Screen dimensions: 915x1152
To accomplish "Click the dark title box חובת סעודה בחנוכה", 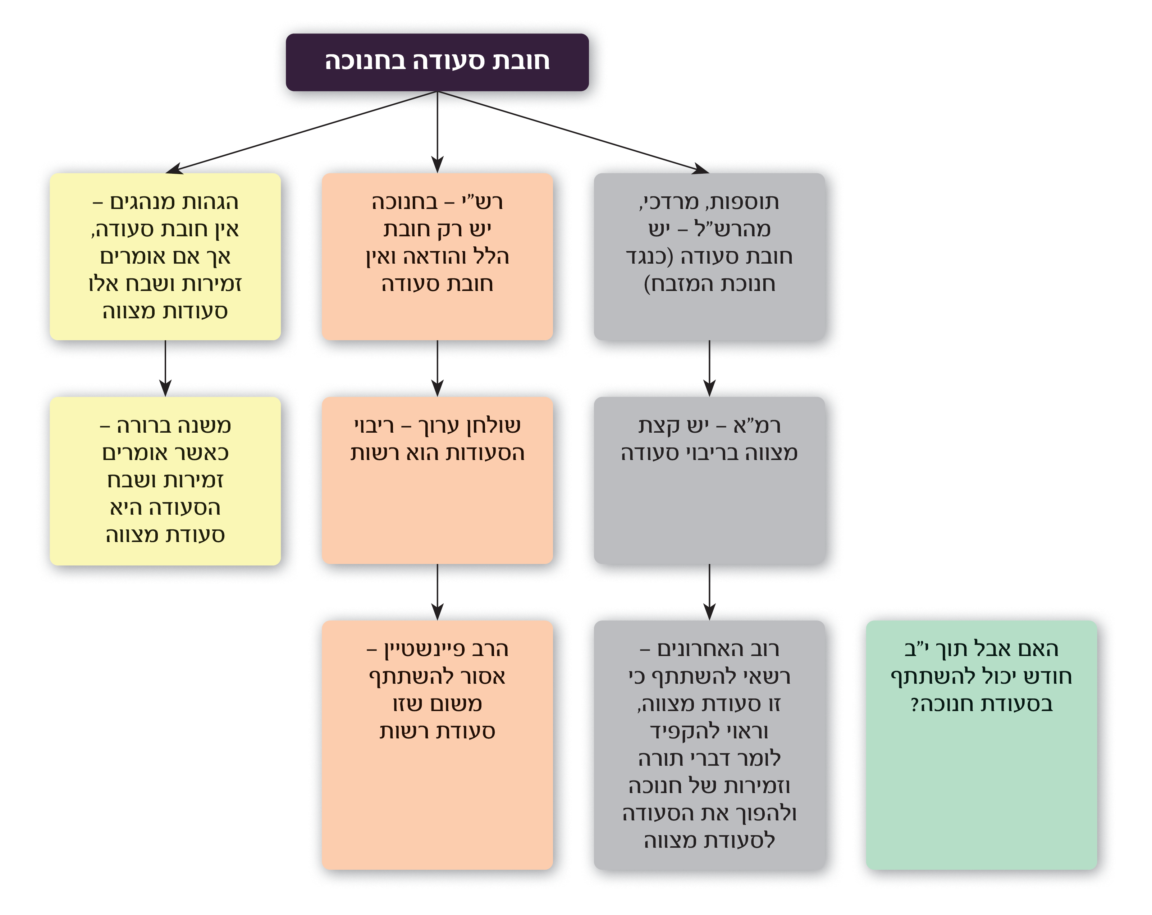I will tap(437, 62).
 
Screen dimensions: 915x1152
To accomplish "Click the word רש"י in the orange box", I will tap(483, 202).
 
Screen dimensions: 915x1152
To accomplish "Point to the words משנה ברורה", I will tap(174, 425).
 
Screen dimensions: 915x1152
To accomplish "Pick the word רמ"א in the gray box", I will tap(757, 425).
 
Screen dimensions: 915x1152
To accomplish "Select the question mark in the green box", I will tap(915, 704).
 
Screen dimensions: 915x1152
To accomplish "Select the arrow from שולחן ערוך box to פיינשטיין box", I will tap(437, 592).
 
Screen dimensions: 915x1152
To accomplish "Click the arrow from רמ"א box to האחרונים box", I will tap(709, 592).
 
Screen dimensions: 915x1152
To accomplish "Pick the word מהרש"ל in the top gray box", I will tap(733, 229).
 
